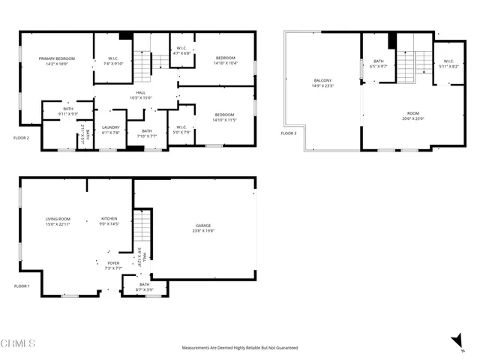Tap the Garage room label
point(202,228)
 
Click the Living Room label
point(57,221)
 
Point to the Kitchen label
point(110,221)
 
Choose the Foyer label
point(112,265)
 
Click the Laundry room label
point(110,130)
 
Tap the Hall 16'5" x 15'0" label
point(140,94)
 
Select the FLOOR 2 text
point(22,138)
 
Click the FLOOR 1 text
point(22,286)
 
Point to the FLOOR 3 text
point(289,133)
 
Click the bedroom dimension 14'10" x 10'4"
point(225,63)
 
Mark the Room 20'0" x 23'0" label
point(412,115)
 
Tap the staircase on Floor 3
point(406,66)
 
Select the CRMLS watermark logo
point(18,343)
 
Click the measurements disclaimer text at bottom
point(240,348)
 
